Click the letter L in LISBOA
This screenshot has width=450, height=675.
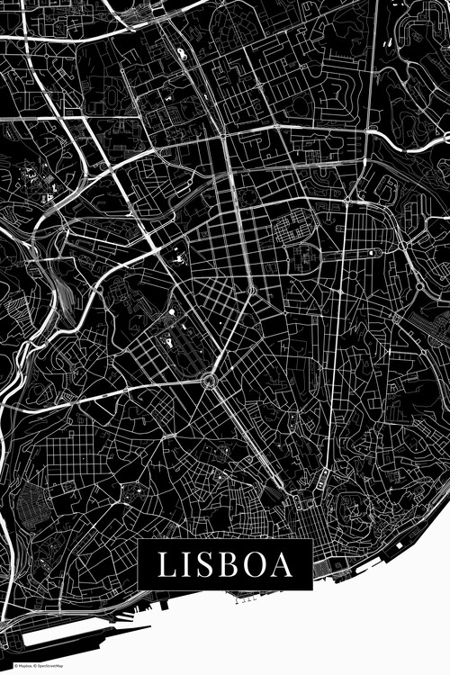(x=167, y=565)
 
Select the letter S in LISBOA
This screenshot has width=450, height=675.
(x=205, y=565)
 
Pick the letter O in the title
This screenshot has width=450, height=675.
(x=255, y=565)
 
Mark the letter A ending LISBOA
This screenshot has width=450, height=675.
(x=282, y=565)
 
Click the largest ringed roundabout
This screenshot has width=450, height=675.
(x=211, y=382)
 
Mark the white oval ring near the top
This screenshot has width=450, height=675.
(x=184, y=53)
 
